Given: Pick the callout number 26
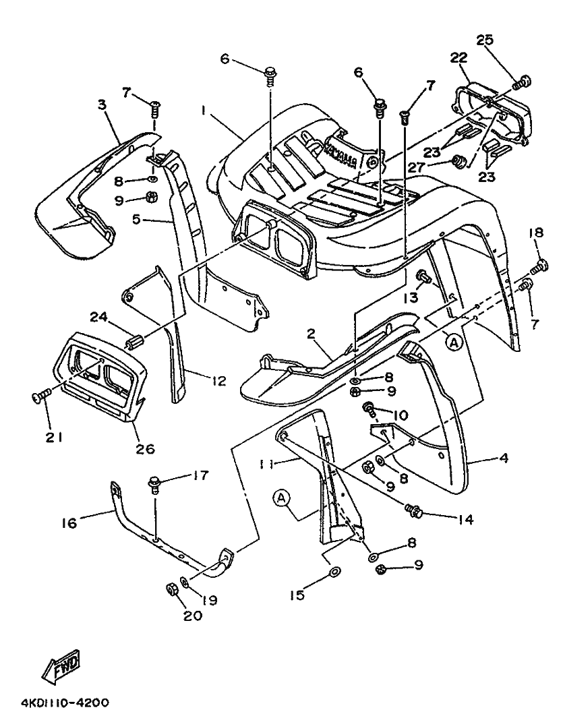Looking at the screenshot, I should click(145, 448).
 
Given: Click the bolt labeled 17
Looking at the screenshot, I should click(155, 484).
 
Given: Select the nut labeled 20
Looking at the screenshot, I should click(171, 589).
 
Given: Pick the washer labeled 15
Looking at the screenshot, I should click(332, 574).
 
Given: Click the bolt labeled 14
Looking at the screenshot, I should click(414, 510).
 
